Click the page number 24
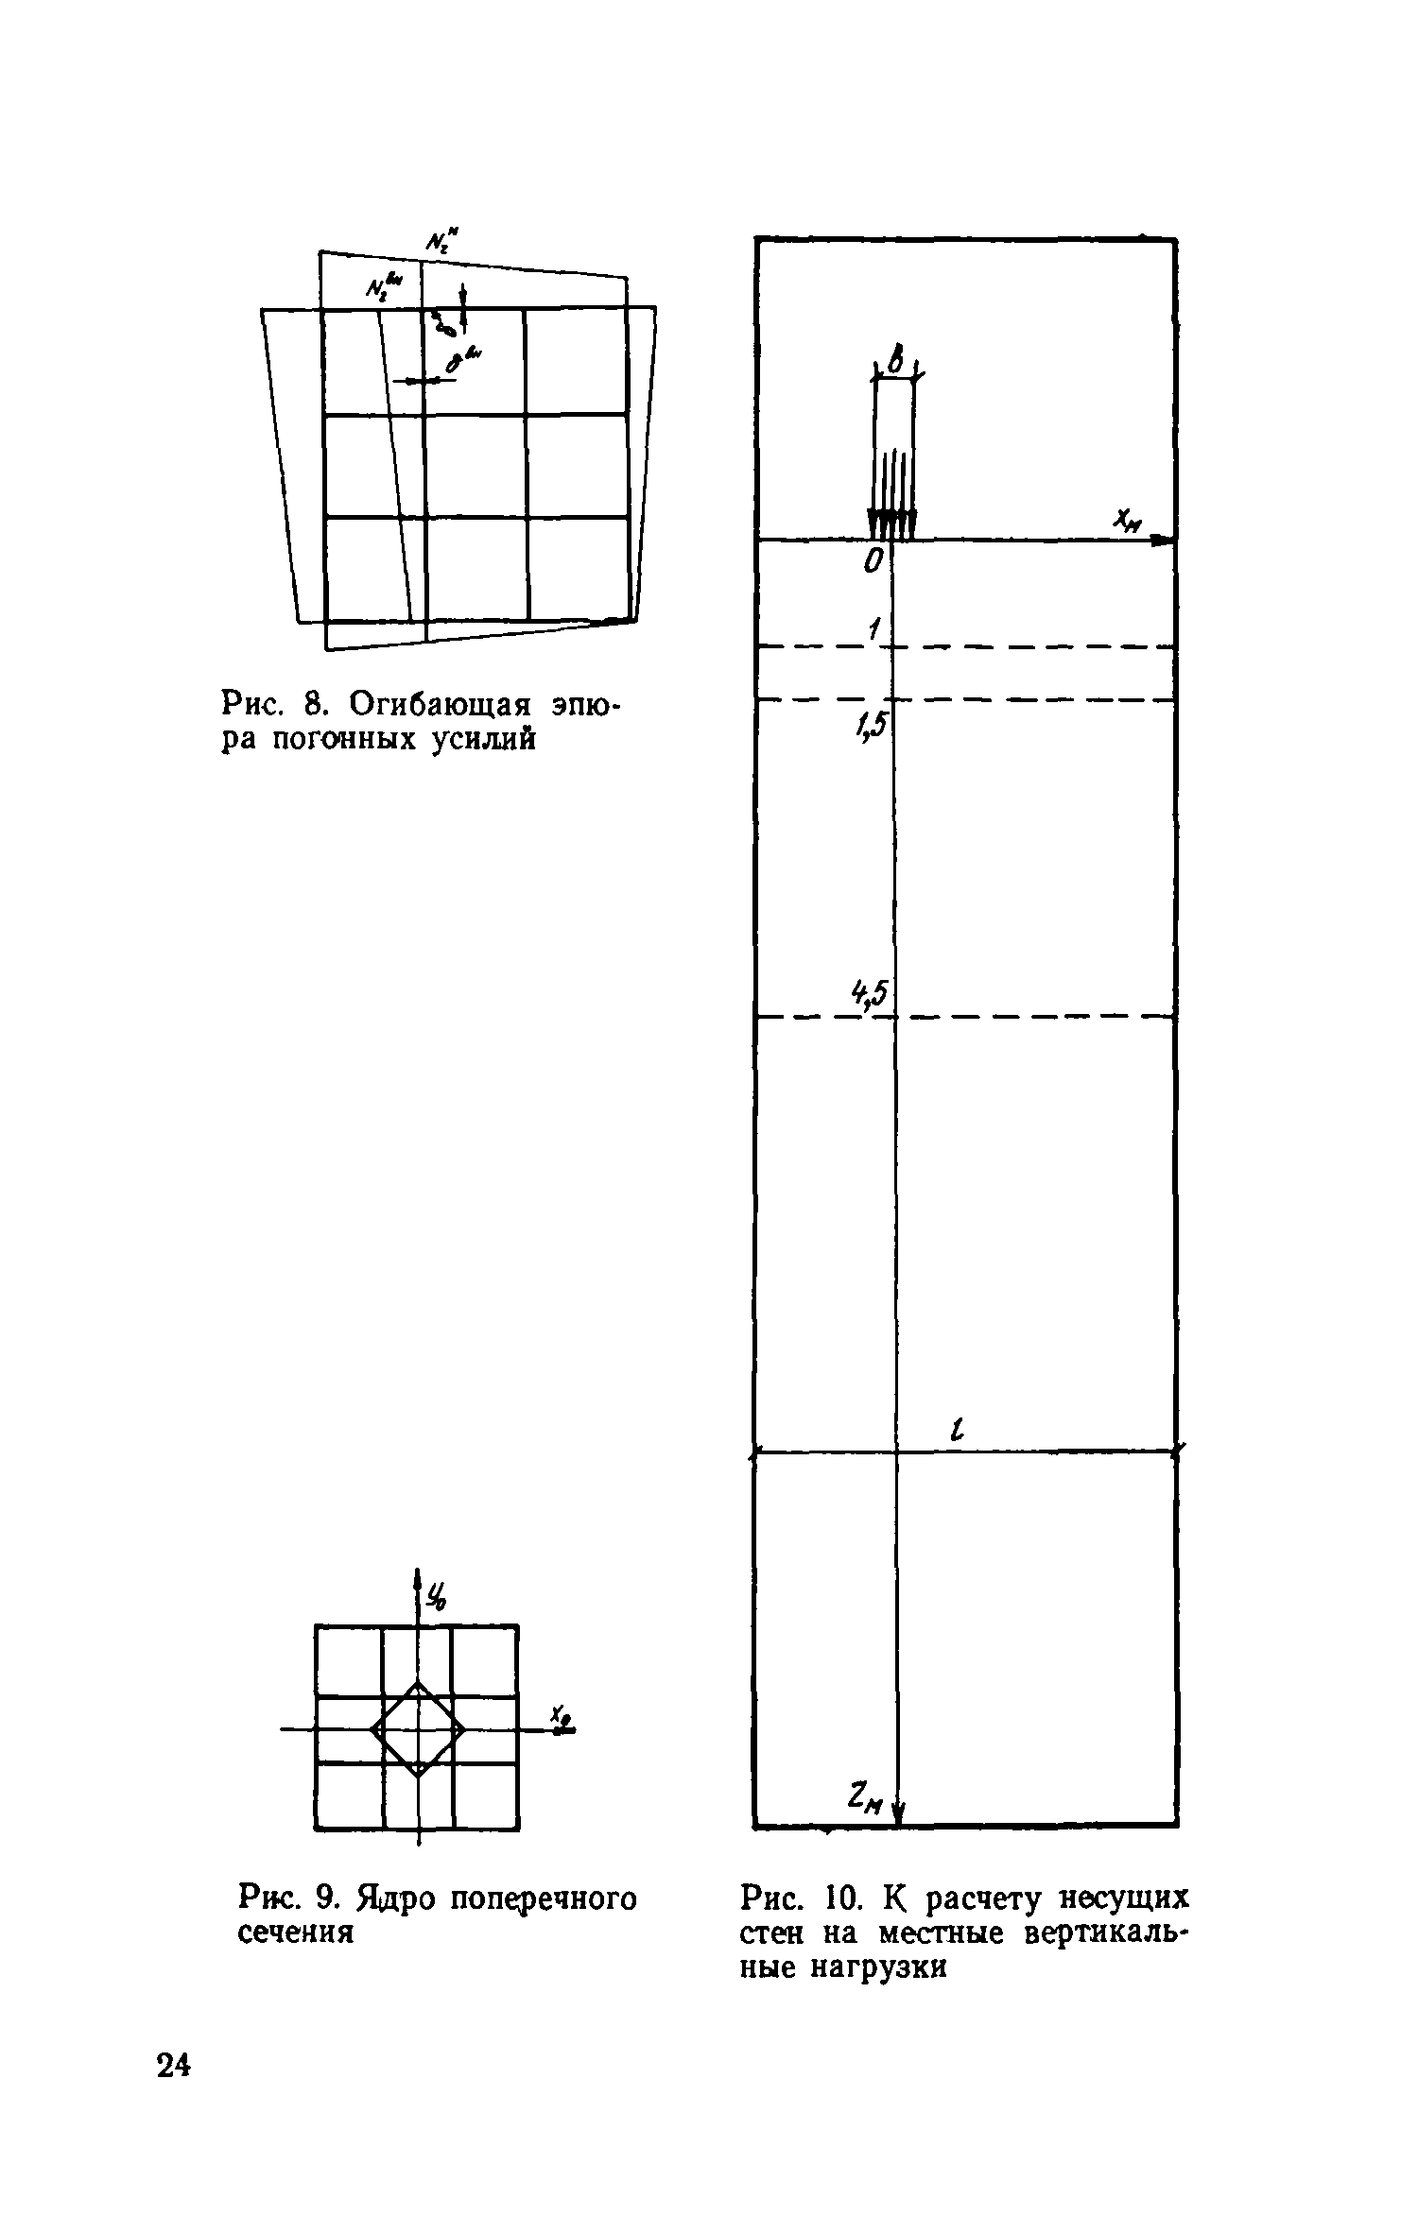[173, 2066]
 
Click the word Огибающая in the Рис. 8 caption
[448, 704]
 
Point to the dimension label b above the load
[895, 357]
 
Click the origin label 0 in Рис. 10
[872, 563]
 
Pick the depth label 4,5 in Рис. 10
[871, 992]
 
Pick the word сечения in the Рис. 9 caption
[295, 1933]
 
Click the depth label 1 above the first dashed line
[875, 627]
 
